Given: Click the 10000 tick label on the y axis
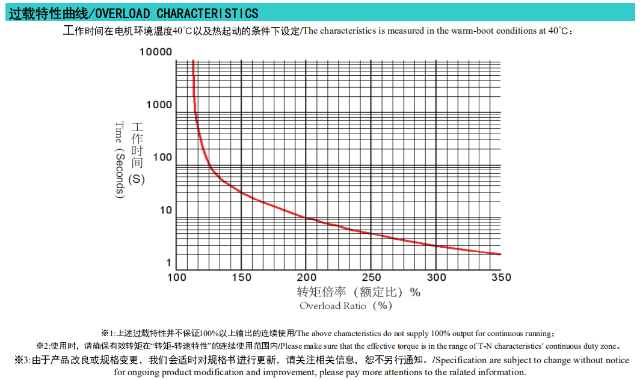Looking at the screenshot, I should (156, 52).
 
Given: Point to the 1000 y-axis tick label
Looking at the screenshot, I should (159, 105).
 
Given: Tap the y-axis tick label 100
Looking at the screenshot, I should (162, 158).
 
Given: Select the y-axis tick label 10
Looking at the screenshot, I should (165, 210).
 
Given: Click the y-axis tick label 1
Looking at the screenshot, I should (169, 263).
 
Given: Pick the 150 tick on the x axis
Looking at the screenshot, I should (241, 277).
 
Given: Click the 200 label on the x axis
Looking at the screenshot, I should (306, 277).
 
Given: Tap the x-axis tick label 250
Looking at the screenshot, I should (371, 277).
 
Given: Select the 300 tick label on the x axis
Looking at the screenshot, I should (436, 277).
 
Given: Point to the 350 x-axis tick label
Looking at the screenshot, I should (500, 277).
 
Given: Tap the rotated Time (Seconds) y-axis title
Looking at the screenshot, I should (120, 160).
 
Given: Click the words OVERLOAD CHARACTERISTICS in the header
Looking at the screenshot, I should (177, 13).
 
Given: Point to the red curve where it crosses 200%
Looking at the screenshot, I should (306, 218).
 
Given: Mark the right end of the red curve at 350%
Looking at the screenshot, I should (499, 254).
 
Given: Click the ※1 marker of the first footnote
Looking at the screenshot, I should (106, 333).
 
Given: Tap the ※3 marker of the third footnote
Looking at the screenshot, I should (22, 360).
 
